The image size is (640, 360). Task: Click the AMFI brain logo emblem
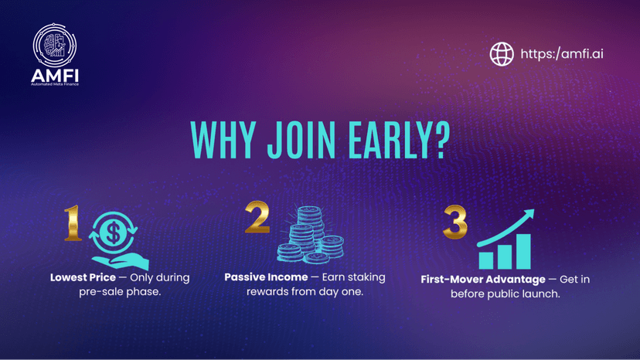55,46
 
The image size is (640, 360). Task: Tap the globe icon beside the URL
502,54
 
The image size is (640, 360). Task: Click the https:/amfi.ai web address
562,54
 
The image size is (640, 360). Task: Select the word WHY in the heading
223,140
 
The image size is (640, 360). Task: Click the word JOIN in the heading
301,140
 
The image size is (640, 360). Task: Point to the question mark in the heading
442,140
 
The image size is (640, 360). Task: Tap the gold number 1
73,222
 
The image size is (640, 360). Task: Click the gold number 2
257,217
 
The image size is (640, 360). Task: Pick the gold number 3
455,222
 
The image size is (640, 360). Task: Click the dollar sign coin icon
113,233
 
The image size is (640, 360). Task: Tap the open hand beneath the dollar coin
121,261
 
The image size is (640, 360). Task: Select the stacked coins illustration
311,235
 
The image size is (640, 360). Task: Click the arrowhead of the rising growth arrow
529,214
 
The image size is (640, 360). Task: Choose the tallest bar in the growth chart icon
523,251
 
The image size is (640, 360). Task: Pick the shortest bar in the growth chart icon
485,260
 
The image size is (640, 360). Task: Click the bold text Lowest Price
83,277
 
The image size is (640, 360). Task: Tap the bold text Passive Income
266,277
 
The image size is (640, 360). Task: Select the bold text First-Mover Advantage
483,280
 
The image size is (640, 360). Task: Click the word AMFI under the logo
55,76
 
